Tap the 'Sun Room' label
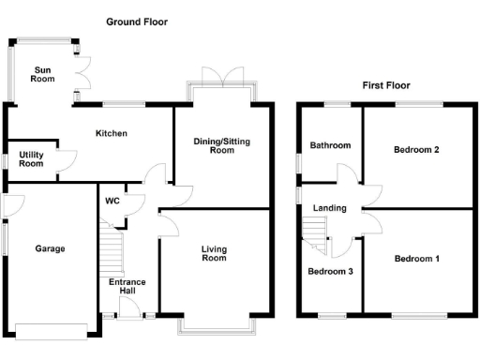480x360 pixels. click(43, 74)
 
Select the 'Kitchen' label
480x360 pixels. click(111, 133)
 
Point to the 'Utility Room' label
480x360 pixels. click(31, 158)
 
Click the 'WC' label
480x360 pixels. click(112, 201)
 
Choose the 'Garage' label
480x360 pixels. click(50, 248)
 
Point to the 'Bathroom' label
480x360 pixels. click(330, 145)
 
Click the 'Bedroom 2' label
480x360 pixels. click(417, 149)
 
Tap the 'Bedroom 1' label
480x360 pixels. click(417, 258)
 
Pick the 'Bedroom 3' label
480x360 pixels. click(330, 272)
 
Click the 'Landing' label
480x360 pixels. click(330, 208)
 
